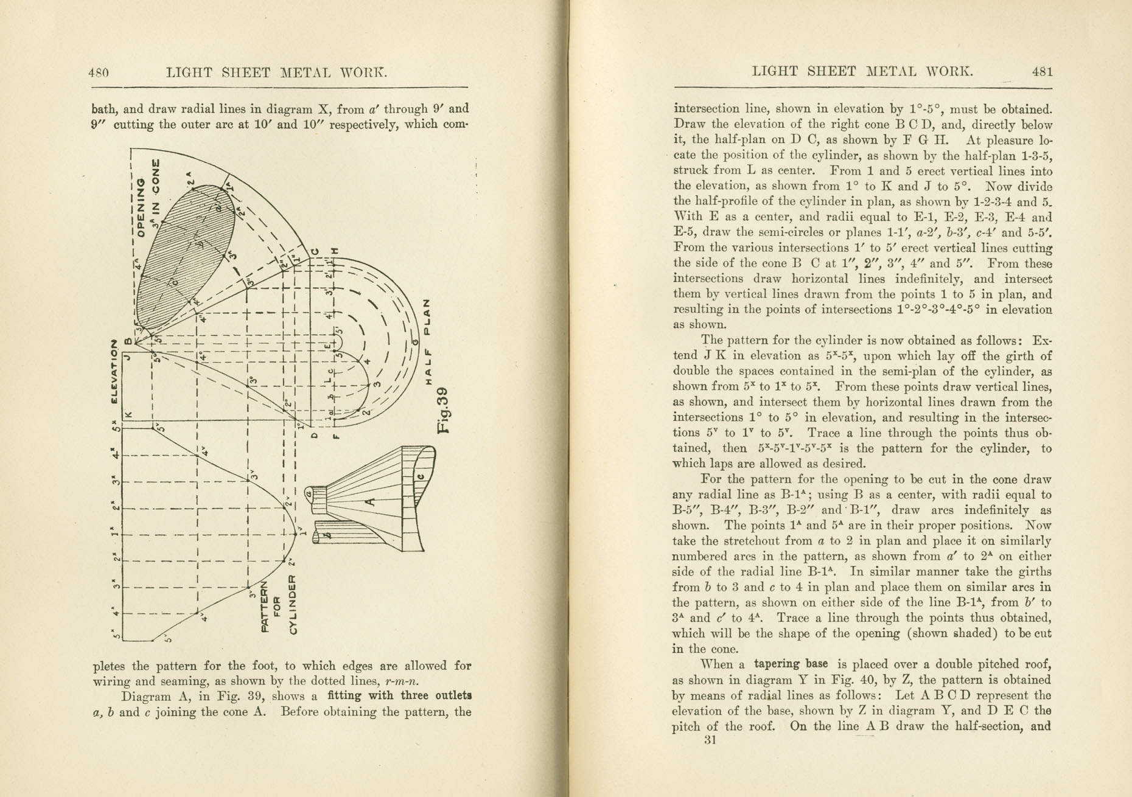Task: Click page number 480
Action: (99, 73)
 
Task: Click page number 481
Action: (1042, 72)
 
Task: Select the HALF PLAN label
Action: (428, 341)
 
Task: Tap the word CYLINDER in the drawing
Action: (292, 604)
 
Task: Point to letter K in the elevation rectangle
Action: (128, 414)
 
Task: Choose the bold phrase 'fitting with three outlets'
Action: (399, 695)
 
